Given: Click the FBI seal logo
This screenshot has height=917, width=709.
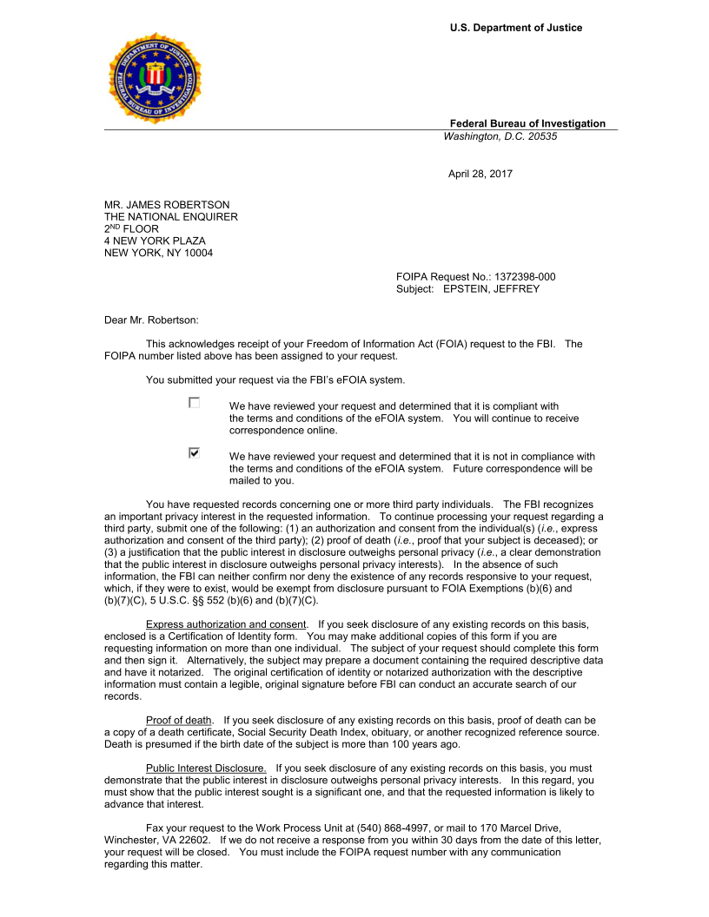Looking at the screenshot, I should (155, 78).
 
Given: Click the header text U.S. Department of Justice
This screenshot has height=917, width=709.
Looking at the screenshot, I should (516, 28).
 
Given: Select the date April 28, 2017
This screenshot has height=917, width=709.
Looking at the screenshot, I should (480, 174).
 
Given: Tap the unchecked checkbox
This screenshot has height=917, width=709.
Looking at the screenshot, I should (195, 403).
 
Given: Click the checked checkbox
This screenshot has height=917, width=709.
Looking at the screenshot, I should (195, 453).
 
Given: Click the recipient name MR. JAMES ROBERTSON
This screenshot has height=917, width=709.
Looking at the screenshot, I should (167, 205).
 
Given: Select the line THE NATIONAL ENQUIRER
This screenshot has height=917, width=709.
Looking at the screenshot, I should (171, 217).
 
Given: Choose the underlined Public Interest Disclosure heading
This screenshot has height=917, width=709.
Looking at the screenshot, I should (207, 768).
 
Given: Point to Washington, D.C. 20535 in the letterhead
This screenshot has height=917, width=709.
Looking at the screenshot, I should (500, 136).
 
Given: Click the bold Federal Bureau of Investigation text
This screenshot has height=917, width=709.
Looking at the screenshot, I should (527, 123).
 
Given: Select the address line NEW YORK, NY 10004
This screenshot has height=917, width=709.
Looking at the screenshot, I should (158, 254).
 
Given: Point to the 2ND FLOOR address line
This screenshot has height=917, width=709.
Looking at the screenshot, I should (131, 229).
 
